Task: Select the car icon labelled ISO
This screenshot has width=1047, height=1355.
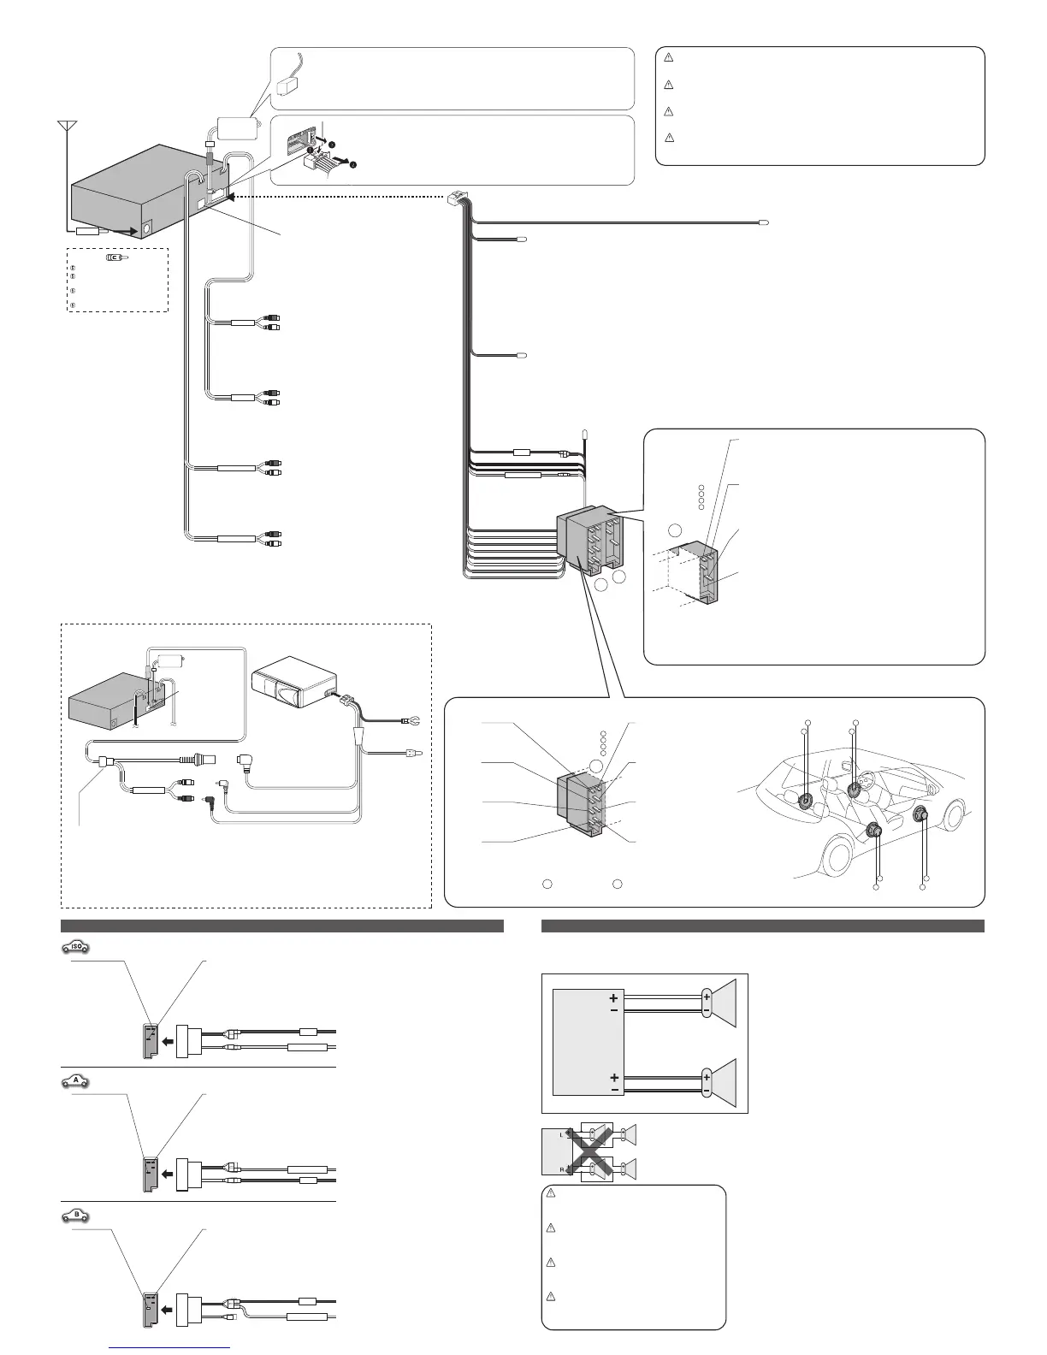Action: pos(76,947)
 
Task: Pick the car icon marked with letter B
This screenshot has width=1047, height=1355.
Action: pos(76,1214)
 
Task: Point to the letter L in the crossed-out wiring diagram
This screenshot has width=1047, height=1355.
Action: pos(561,1134)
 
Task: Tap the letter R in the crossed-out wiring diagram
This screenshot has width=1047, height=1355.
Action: pos(561,1169)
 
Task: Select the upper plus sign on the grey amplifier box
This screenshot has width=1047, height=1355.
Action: pos(613,997)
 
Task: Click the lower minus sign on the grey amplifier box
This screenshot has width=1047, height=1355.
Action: pos(613,1091)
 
